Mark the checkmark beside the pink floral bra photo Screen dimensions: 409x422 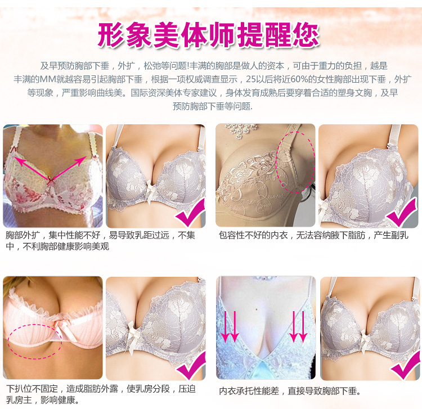click(189, 216)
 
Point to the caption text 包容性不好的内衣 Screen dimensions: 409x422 click(249, 235)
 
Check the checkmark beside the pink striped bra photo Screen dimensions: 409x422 click(188, 368)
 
